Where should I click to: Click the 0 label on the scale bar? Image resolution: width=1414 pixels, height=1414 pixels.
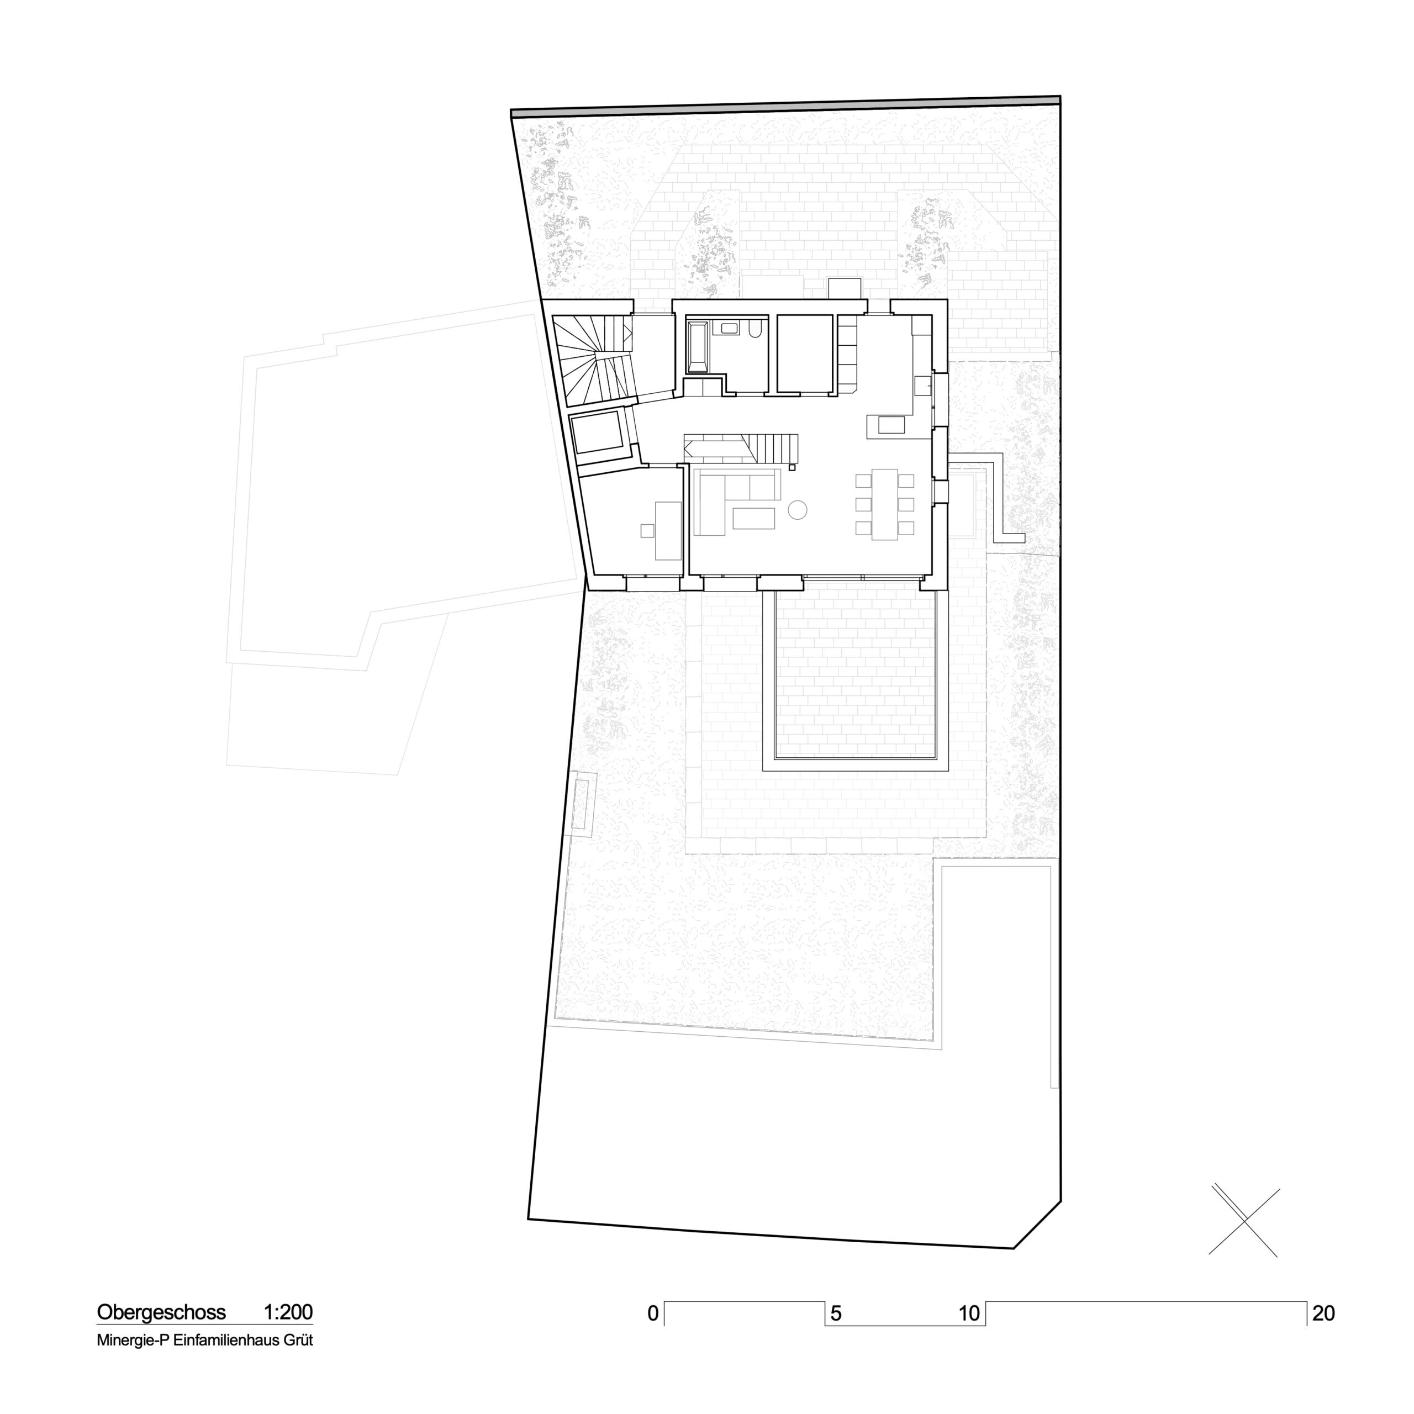point(653,1313)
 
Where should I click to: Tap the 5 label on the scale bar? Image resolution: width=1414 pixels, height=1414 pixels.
point(836,1313)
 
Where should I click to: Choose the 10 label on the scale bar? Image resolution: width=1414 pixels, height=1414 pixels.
point(969,1313)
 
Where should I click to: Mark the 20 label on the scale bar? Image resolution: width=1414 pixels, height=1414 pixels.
point(1323,1313)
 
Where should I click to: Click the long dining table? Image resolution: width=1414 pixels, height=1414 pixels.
point(885,504)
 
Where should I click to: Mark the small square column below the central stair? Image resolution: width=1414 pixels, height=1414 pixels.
point(792,466)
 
